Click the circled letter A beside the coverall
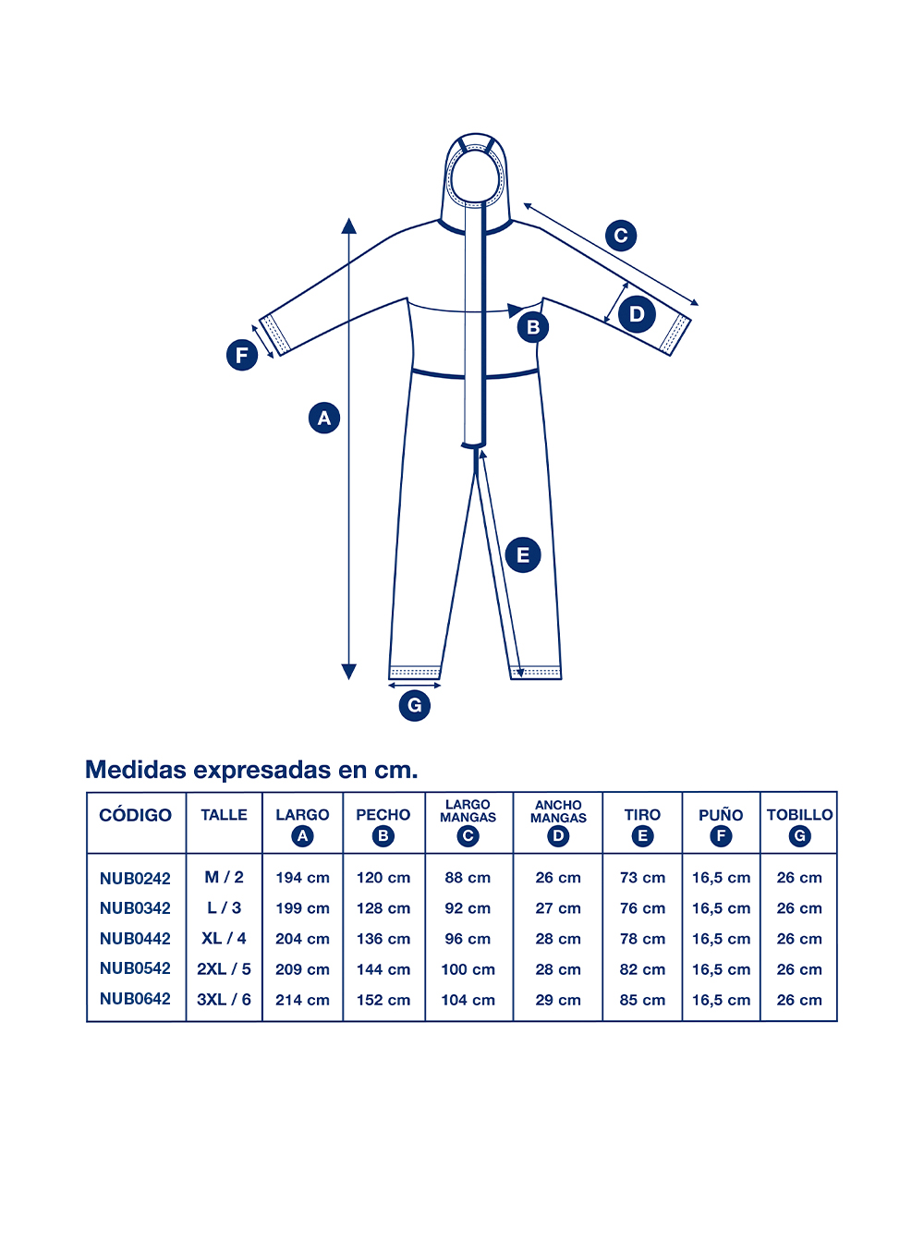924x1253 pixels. tap(324, 418)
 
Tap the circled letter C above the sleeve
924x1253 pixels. tap(621, 236)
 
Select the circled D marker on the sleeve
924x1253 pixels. tap(637, 314)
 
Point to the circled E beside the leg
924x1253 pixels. tap(523, 555)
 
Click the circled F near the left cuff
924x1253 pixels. tap(242, 355)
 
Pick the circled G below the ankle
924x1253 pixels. tap(415, 705)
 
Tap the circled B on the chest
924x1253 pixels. tap(532, 327)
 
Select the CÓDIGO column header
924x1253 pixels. tap(135, 815)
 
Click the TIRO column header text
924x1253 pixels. tap(642, 814)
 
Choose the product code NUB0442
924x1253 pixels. tap(135, 939)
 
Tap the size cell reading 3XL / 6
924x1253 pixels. tap(224, 999)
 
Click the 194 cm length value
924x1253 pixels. tap(302, 878)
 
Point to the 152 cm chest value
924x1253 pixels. tap(383, 1000)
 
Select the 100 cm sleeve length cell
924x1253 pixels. tap(468, 969)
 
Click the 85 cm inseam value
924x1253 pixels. tap(643, 1000)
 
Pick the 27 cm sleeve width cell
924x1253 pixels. tap(558, 907)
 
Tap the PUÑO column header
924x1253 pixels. tap(721, 814)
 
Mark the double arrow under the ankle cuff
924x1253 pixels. tap(415, 686)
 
